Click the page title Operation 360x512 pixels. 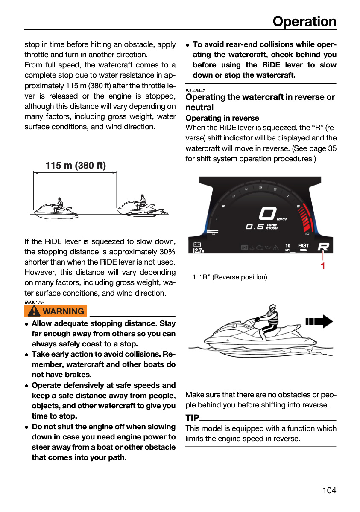coord(304,22)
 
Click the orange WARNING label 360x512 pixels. coord(56,311)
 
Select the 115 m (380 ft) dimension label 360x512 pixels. coord(76,166)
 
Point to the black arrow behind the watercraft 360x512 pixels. coord(319,321)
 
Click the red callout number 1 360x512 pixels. coord(323,266)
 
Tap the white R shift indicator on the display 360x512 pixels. coord(323,247)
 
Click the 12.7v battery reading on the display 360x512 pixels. coord(198,251)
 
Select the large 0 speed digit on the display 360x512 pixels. coord(267,213)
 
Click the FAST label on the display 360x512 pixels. coord(303,245)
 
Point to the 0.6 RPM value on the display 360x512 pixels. coord(255,227)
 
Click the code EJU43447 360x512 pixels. coord(195,90)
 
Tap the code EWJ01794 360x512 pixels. coord(35,302)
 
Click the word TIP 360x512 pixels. coord(192,418)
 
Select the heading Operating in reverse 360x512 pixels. coord(222,118)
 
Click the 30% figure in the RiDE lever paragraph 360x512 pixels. coord(167,252)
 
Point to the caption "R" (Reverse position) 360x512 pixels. coord(233,277)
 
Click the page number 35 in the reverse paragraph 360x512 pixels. coord(332,148)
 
